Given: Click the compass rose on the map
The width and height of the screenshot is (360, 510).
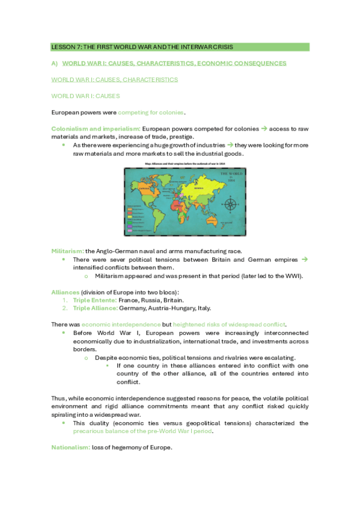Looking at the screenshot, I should click(230, 204).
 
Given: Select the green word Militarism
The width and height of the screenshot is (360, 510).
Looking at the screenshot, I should click(67, 250).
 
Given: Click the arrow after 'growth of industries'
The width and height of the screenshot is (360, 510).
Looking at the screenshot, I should click(230, 145).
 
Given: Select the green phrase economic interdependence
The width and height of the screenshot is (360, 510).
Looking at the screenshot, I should click(118, 324).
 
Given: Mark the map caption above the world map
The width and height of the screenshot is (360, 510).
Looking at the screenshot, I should click(180, 162).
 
